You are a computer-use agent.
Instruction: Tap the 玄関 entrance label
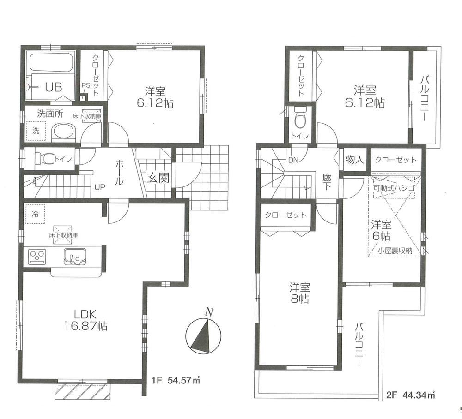tap(158, 178)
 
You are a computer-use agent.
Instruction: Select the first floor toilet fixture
tap(43, 159)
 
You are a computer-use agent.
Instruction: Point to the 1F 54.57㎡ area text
tap(176, 381)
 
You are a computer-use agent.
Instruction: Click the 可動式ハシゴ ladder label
tap(394, 189)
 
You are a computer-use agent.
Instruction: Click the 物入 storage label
tap(355, 160)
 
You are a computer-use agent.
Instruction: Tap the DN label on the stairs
tap(292, 160)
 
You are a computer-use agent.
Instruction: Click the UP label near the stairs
tap(99, 187)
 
